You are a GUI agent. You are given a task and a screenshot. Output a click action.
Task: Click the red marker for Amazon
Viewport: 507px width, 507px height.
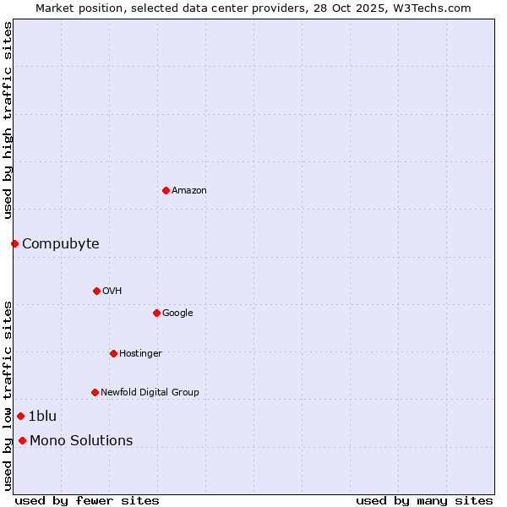point(166,190)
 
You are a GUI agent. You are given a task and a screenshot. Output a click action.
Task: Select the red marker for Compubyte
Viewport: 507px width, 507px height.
point(14,243)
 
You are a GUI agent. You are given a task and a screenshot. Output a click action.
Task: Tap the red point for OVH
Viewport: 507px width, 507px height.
point(96,291)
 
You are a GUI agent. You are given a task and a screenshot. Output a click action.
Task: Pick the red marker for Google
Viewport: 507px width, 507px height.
point(156,313)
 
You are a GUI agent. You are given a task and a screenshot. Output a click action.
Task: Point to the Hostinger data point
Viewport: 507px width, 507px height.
point(113,353)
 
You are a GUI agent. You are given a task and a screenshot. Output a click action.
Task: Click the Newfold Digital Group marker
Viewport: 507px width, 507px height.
point(95,392)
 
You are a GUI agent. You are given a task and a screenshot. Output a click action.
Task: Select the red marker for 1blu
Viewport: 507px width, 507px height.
point(20,416)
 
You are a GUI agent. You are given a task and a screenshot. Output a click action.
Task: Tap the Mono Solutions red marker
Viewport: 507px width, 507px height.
point(22,440)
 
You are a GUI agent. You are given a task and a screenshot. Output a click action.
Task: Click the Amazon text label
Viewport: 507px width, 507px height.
point(189,191)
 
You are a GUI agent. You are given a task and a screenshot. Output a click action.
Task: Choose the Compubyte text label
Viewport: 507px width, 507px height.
point(61,244)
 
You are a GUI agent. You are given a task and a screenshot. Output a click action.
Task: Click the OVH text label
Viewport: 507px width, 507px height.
point(112,292)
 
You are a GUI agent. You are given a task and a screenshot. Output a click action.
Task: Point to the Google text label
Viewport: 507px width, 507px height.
point(177,313)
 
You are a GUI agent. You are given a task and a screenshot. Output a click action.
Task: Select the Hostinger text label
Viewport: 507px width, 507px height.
point(140,354)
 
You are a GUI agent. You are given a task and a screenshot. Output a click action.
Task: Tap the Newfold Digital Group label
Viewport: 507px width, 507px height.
point(150,393)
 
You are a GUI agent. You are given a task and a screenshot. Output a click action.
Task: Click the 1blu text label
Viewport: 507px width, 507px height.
point(42,417)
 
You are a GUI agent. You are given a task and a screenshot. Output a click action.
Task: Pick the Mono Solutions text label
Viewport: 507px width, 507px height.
point(81,441)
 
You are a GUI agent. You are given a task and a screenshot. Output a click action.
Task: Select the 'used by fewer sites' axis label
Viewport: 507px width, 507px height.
point(87,500)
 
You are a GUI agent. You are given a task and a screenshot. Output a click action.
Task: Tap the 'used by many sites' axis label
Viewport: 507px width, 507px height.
point(424,500)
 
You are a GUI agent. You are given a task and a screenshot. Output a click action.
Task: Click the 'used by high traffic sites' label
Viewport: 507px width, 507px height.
point(8,120)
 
